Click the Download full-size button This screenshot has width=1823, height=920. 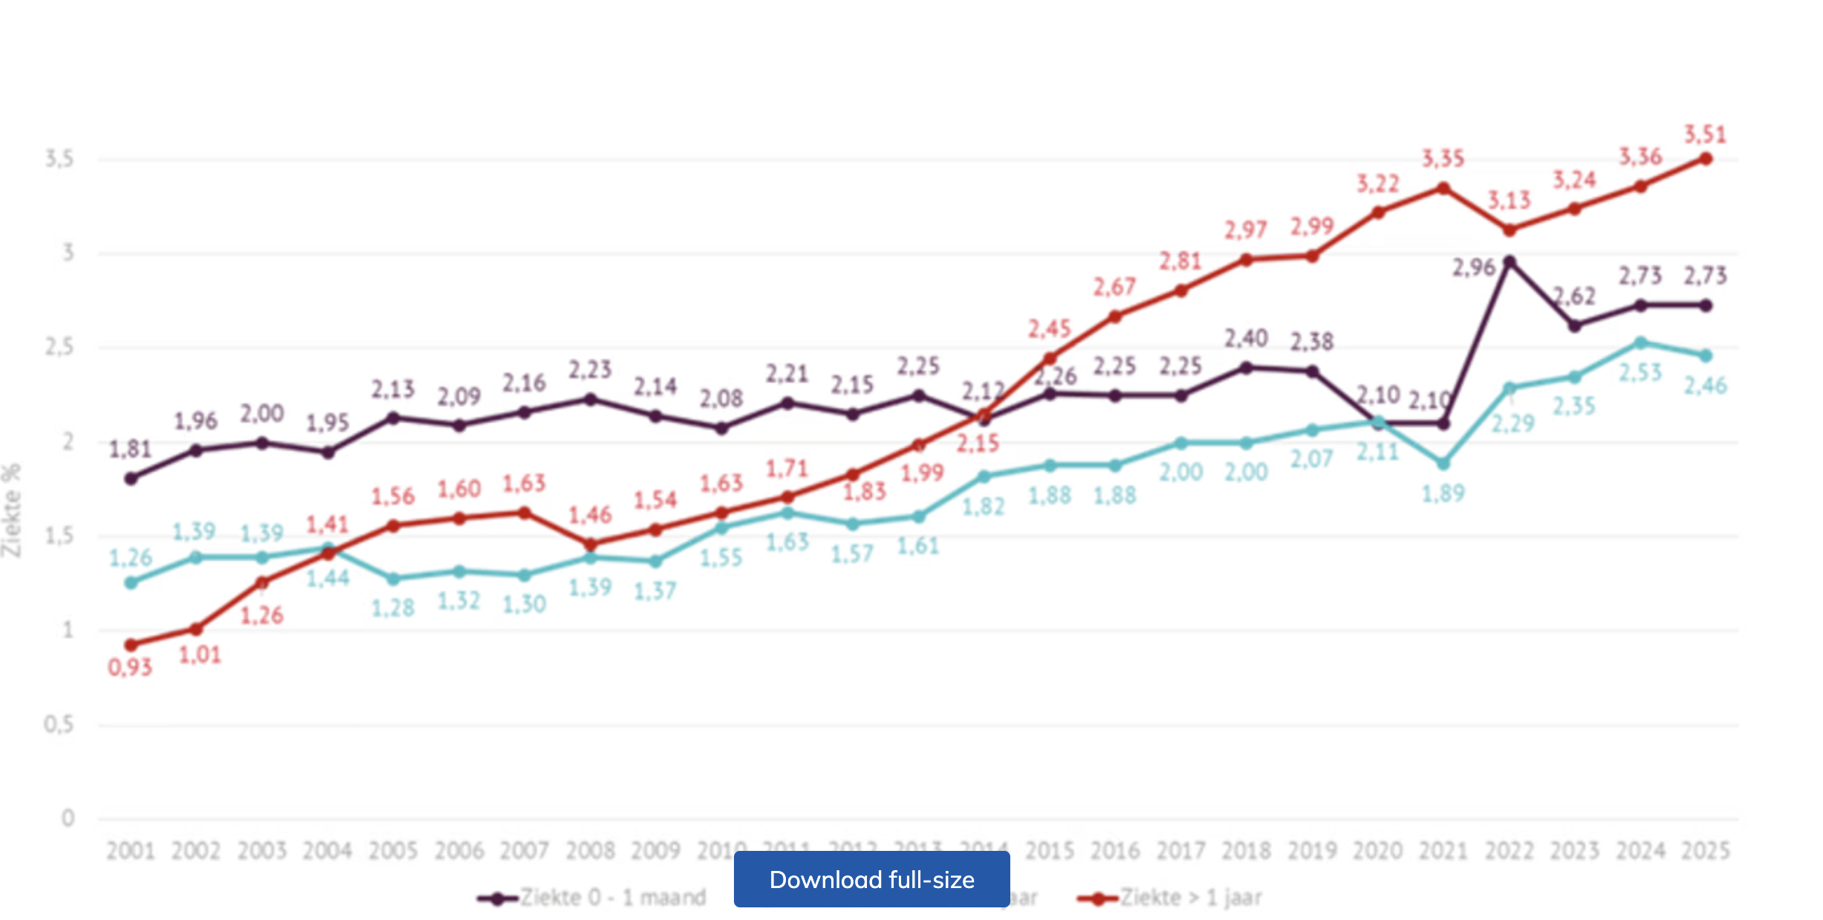[871, 879]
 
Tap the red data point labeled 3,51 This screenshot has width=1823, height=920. [1706, 159]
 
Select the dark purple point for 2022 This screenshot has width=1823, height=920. [1509, 262]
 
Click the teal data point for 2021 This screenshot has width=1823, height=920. [1443, 464]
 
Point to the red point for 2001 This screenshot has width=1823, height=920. [131, 644]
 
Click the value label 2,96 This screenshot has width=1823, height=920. [1473, 268]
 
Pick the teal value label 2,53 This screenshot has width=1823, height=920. [1640, 372]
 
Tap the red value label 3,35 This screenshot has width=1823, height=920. [1443, 158]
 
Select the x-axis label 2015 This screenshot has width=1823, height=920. [1049, 850]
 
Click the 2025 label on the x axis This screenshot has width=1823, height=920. [1706, 850]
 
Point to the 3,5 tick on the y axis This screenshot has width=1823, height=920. [59, 158]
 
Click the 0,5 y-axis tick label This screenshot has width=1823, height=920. [59, 724]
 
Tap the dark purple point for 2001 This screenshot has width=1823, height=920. [131, 479]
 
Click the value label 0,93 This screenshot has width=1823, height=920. [130, 667]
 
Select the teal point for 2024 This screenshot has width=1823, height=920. [1640, 343]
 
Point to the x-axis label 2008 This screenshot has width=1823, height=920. [590, 850]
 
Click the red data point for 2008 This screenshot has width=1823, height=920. [590, 544]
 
